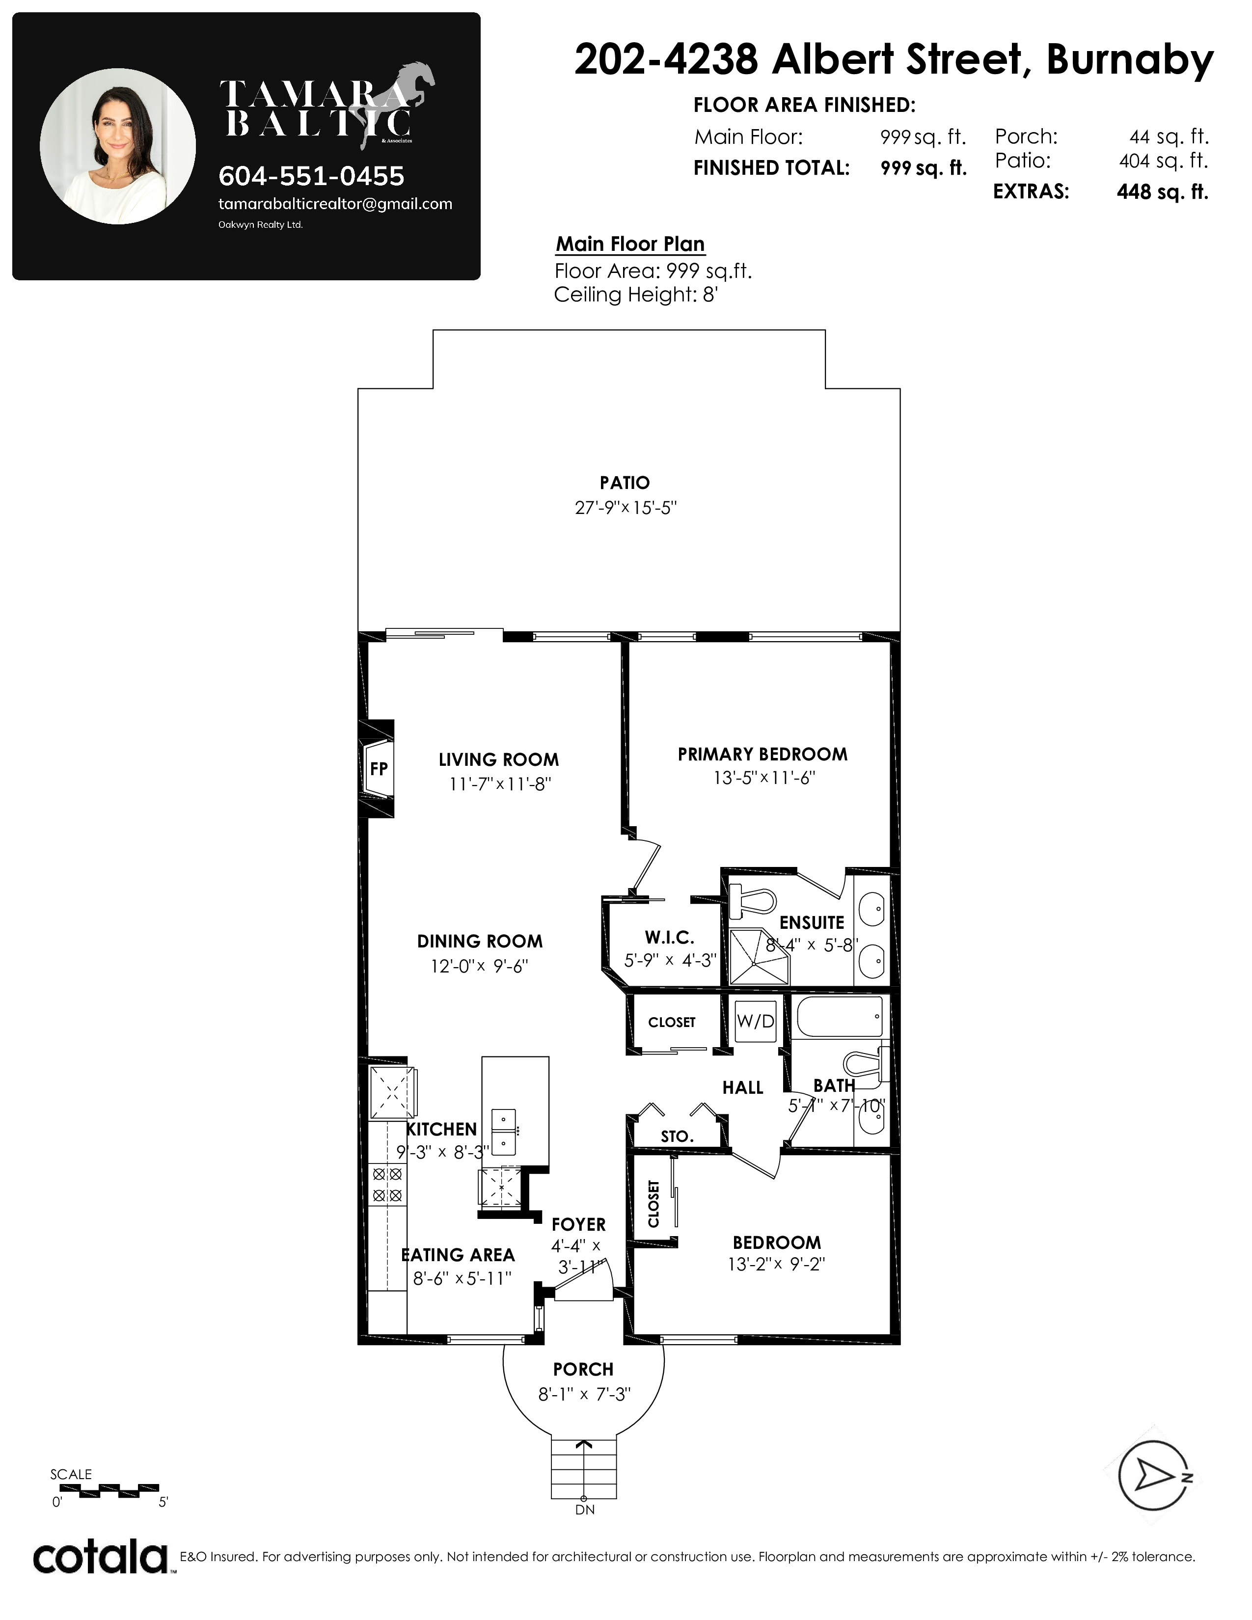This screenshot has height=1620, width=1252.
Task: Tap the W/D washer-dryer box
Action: point(755,1022)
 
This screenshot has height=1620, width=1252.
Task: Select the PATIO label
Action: point(625,483)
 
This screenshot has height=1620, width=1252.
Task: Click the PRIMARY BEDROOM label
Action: point(762,755)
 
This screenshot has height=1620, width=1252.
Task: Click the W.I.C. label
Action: point(670,938)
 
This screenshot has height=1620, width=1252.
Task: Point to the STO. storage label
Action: point(677,1136)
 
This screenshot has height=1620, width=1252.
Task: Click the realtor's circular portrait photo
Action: point(118,146)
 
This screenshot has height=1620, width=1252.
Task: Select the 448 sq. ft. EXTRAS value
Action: point(1162,192)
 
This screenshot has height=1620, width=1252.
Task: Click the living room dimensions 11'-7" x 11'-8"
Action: point(500,784)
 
